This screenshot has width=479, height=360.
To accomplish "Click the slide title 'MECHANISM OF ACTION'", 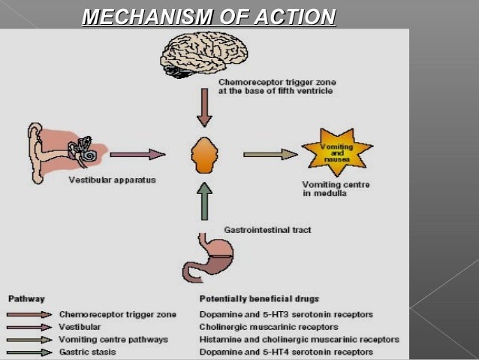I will [208, 16].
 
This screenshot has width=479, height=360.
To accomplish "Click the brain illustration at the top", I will [203, 53].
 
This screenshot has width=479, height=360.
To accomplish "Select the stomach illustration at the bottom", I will [211, 256].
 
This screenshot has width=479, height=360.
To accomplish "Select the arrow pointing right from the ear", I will [137, 154].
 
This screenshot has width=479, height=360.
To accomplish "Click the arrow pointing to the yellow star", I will [270, 154].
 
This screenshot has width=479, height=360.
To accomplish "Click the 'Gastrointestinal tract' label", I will [267, 229].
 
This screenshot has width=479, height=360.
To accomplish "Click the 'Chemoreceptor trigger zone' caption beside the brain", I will [276, 86].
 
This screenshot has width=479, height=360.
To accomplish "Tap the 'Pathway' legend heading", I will [27, 298].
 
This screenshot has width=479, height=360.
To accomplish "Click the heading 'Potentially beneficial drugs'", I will [260, 298].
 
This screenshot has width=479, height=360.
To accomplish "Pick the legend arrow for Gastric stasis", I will [29, 352].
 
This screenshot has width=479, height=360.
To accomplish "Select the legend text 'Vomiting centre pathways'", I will [113, 340].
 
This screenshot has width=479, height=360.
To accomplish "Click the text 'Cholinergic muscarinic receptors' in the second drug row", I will [269, 327].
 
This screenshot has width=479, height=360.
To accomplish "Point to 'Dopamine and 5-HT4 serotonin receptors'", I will [285, 352].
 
